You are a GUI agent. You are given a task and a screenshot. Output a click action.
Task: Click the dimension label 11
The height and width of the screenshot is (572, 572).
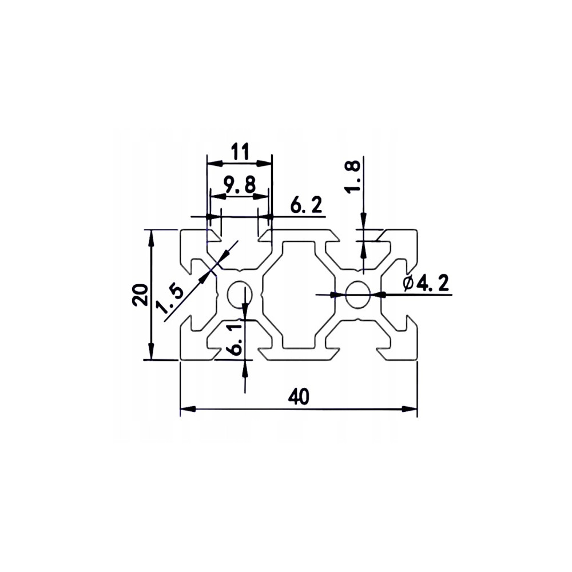[240, 152]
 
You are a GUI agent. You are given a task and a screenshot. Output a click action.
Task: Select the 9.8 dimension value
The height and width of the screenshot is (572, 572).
[240, 184]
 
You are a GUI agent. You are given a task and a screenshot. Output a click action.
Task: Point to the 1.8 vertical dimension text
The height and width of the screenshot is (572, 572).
[353, 177]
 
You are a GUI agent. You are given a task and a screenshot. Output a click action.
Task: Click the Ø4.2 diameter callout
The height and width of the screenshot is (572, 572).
[426, 283]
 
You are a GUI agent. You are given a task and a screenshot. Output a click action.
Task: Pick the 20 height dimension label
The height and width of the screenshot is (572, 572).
[141, 295]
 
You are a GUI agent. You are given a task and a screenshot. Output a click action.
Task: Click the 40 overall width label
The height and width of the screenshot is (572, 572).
[299, 396]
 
